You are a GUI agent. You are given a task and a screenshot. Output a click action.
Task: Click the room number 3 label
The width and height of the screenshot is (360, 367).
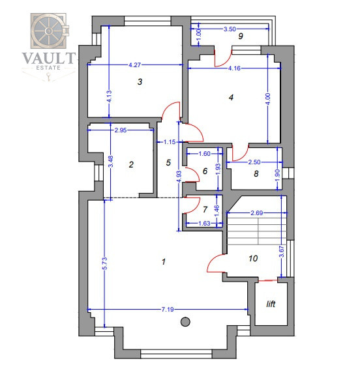click(x=140, y=81)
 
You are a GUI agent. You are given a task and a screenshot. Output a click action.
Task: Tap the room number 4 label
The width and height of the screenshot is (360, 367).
click(x=231, y=97)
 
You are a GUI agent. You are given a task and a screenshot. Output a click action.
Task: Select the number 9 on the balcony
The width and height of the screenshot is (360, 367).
click(x=241, y=36)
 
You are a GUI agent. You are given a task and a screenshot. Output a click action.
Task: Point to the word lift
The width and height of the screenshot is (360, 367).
click(x=271, y=304)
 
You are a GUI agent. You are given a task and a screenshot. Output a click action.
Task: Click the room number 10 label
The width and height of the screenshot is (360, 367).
click(x=253, y=258)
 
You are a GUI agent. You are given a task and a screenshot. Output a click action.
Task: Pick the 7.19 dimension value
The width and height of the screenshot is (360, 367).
click(x=168, y=310)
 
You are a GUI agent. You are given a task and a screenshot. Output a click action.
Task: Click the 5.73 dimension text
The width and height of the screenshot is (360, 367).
click(x=105, y=263)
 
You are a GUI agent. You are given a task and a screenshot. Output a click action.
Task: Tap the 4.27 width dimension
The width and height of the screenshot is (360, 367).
click(x=135, y=65)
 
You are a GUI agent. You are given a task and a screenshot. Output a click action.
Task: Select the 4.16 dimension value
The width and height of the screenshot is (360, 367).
click(x=234, y=68)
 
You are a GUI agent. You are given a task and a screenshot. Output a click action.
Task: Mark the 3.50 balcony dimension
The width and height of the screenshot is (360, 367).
click(x=230, y=29)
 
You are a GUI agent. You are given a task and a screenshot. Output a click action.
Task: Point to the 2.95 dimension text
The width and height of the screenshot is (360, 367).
click(x=121, y=130)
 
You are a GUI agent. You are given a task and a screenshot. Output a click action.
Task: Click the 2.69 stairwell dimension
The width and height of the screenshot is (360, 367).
click(x=257, y=213)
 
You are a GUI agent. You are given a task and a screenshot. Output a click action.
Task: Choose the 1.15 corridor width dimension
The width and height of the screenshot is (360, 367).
click(x=170, y=142)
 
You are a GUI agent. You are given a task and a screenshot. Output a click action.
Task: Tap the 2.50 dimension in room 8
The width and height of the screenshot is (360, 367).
click(x=254, y=162)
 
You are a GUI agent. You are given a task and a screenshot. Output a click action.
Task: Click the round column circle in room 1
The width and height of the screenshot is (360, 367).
click(x=185, y=321)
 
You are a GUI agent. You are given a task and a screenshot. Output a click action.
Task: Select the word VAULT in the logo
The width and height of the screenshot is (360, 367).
click(x=49, y=58)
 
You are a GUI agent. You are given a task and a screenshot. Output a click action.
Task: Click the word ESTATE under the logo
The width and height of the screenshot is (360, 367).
click(x=48, y=68)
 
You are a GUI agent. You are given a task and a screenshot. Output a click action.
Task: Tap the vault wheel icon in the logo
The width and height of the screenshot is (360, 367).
click(x=48, y=31)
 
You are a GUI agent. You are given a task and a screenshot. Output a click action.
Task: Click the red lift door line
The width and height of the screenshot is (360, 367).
click(x=267, y=280)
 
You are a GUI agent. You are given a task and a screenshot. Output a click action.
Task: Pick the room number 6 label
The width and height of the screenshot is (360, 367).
click(x=205, y=171)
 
